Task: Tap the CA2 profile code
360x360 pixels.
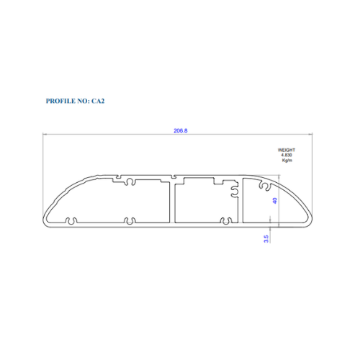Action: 98,101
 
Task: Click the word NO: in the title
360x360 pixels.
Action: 84,101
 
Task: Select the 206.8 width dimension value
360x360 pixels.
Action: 181,131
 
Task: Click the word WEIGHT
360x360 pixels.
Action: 287,150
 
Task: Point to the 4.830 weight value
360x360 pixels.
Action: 287,155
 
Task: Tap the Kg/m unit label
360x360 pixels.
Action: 287,161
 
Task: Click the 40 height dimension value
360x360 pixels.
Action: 275,201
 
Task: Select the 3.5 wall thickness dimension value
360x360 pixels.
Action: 266,239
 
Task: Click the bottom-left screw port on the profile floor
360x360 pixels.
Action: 71,221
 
